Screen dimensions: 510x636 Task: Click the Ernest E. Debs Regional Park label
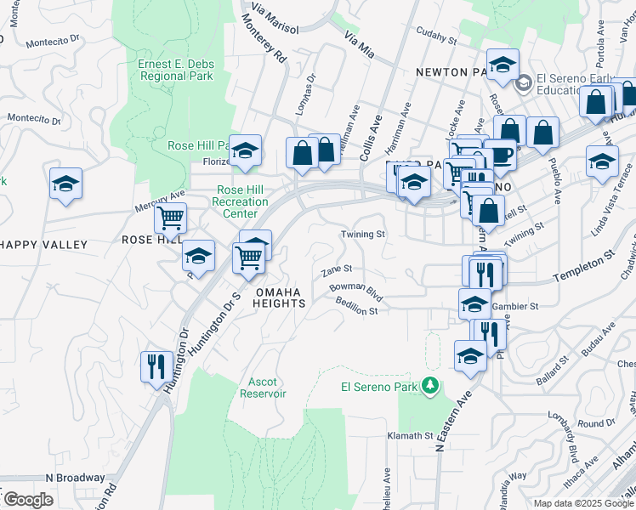[175, 71]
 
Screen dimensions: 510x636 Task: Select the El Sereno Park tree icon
[431, 387]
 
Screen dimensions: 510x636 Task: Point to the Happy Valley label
[44, 245]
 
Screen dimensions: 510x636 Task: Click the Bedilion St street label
[356, 306]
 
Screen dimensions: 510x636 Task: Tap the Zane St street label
[337, 270]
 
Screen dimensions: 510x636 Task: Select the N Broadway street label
[74, 478]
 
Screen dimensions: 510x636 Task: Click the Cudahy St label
[436, 34]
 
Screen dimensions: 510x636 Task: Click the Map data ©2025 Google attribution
[582, 503]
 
